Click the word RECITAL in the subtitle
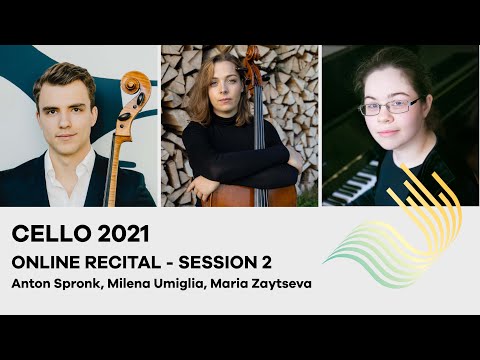click(x=135, y=261)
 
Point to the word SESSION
click(x=225, y=261)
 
